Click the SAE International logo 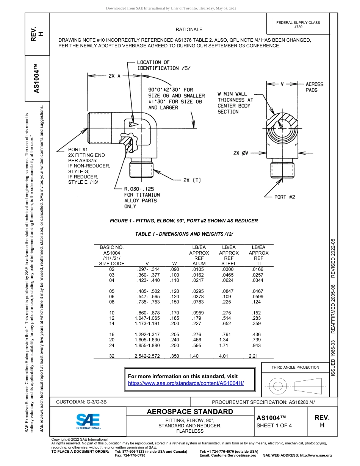point(88,421)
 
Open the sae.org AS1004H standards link point(186,383)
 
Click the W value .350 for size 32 point(175,356)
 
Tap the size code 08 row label point(112,302)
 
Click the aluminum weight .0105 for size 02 point(198,269)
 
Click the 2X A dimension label point(114,76)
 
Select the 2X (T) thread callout point(192,180)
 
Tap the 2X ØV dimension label point(241,153)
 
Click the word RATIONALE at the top point(189,30)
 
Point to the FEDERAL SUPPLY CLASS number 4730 point(298,27)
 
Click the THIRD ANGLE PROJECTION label point(295,367)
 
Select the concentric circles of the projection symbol point(278,386)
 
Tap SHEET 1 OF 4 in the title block point(274,425)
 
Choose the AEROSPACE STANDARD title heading point(190,412)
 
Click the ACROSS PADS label point(315,87)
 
